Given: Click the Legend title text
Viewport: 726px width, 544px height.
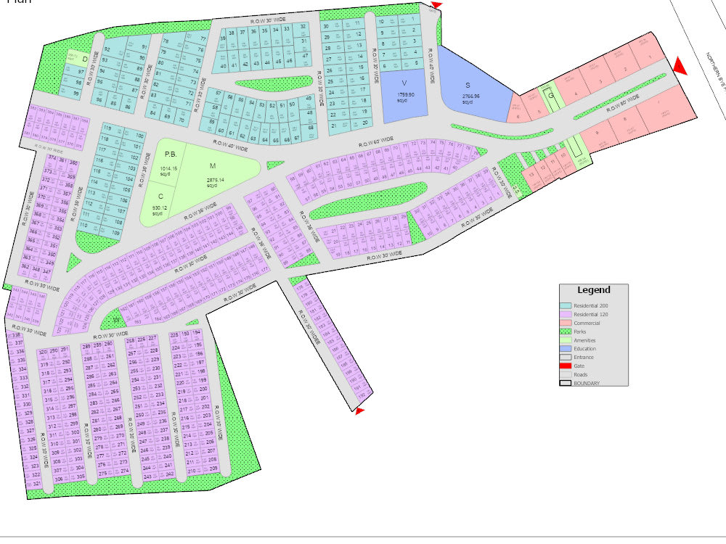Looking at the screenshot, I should (593, 290).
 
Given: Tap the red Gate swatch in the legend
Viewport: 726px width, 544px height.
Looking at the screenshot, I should (566, 366).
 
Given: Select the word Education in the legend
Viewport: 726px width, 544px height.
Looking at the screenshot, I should (585, 349).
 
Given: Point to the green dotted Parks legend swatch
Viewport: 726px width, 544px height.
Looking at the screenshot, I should (566, 331).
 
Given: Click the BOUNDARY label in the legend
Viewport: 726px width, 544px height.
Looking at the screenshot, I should (587, 383).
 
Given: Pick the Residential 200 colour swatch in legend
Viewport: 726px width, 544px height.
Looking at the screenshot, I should (566, 305).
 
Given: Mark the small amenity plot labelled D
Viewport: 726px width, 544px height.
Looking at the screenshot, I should (85, 58).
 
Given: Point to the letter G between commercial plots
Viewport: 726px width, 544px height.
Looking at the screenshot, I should (551, 95).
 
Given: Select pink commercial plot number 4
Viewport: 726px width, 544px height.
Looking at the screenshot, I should (576, 94).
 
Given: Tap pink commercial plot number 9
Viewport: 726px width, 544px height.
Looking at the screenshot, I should (596, 133).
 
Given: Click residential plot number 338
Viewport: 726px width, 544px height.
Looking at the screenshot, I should (16, 335).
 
